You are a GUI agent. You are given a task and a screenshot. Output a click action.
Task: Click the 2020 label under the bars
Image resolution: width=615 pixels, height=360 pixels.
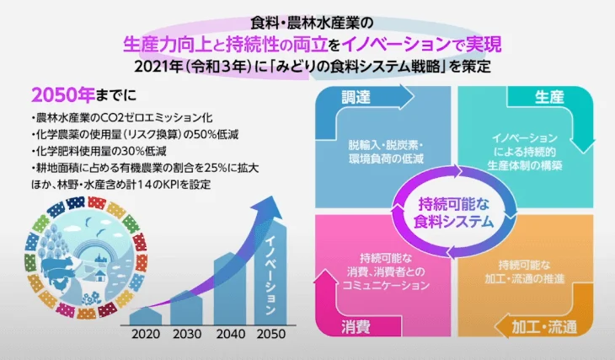tap(146, 334)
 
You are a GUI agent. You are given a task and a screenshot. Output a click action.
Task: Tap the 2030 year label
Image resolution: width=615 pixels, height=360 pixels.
tap(187, 334)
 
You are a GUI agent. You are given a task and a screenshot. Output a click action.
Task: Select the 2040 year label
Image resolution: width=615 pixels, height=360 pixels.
tap(231, 334)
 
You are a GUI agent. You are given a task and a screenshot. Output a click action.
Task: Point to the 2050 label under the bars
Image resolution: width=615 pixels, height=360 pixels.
tap(271, 334)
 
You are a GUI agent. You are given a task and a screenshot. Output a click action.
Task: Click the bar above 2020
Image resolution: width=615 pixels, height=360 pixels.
tap(146, 315)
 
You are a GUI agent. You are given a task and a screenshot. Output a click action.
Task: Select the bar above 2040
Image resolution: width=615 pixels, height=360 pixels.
tap(230, 288)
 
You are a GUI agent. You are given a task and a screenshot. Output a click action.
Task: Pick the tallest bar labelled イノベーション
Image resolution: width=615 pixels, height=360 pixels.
tap(270, 273)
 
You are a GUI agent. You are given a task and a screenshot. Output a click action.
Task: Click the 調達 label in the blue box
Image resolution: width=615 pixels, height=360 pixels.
tap(356, 97)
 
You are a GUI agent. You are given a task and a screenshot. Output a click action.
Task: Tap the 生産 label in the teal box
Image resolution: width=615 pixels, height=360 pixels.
tap(549, 97)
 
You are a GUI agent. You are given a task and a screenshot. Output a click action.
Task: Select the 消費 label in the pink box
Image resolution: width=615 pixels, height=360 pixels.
tap(356, 326)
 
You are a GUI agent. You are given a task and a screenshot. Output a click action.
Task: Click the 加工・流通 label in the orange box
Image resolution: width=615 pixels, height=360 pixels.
tap(544, 326)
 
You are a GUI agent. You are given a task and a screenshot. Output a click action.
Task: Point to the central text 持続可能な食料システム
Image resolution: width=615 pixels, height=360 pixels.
tap(453, 212)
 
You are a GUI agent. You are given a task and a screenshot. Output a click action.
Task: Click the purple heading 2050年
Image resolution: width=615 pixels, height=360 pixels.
tap(62, 94)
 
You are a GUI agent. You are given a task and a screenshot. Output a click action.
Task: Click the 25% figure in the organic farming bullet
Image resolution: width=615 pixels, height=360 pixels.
tap(214, 168)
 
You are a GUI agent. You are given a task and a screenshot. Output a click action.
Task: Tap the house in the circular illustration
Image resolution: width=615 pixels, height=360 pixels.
tap(101, 275)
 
